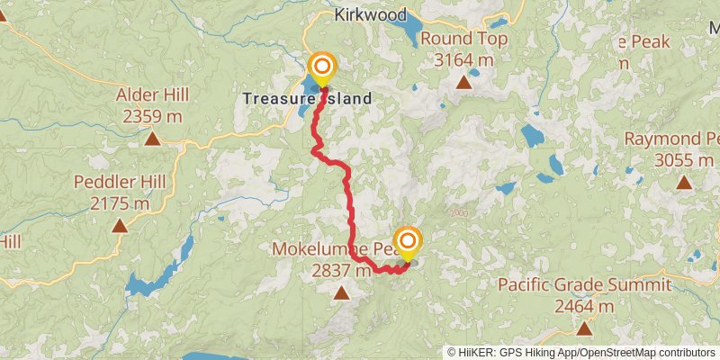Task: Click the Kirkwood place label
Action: click(x=370, y=15)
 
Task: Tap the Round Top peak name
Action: click(x=463, y=39)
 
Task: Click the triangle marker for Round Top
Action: click(x=463, y=83)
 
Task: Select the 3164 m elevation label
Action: click(x=463, y=60)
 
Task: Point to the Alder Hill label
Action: click(x=152, y=94)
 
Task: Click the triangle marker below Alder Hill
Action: click(x=152, y=139)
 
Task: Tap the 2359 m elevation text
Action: click(x=152, y=116)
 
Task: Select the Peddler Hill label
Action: click(x=121, y=182)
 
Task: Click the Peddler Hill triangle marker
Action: click(x=120, y=225)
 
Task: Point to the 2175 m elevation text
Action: click(x=121, y=203)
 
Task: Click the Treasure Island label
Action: click(x=307, y=97)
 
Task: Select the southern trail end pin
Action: click(x=408, y=242)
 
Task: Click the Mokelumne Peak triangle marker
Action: click(x=342, y=292)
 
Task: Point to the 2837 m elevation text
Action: click(x=341, y=270)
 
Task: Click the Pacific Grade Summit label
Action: click(x=584, y=285)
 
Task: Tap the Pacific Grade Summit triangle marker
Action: click(x=585, y=329)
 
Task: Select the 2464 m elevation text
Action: click(x=584, y=307)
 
